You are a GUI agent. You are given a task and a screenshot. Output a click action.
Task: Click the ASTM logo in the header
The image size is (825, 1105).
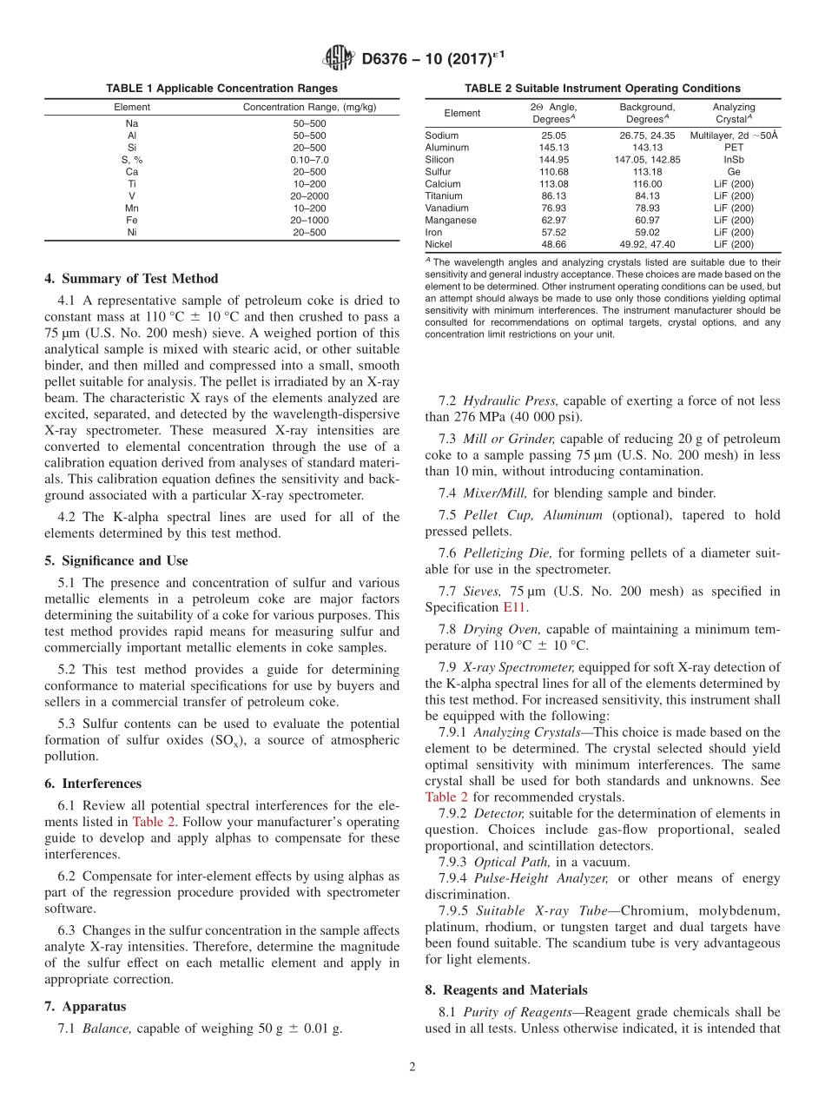coord(338,57)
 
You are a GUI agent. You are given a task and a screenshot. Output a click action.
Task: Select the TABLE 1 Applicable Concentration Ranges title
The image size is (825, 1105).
coord(221,89)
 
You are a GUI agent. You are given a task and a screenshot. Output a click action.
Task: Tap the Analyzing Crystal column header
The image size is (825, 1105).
coord(734,113)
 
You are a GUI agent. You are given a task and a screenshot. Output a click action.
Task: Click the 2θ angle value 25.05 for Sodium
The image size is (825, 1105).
coord(553,136)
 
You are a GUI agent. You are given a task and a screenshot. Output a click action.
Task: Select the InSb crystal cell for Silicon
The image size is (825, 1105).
coord(734,160)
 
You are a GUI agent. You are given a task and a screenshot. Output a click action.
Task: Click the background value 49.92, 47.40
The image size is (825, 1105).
coord(647,245)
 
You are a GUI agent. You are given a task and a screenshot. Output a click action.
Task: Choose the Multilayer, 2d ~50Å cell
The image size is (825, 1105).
coord(734,136)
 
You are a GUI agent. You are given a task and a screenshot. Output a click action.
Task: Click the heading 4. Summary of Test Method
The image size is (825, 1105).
coord(131,279)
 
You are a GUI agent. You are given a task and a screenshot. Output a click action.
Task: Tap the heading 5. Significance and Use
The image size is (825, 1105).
coord(115,561)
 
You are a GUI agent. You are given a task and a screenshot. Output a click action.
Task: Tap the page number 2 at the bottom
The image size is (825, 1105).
coord(412,1068)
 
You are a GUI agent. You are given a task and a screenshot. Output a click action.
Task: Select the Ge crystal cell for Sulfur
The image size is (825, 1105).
coord(734,172)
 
